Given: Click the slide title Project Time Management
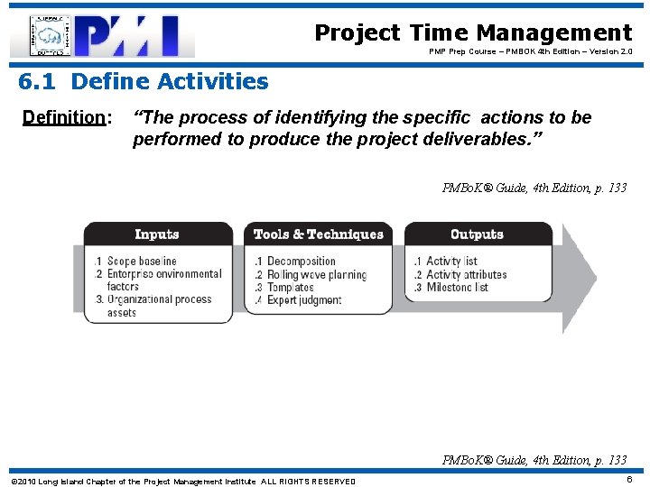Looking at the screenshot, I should coord(473,33).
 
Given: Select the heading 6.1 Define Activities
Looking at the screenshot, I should coord(144,82).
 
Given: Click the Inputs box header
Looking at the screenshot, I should coord(157,234).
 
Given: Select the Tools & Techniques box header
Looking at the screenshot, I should coord(318,234).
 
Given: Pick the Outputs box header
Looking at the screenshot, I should coord(477,234).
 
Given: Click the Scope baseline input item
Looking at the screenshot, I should coord(141,262).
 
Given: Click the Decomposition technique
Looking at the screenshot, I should coord(302,262).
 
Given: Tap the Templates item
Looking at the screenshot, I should coord(290,288).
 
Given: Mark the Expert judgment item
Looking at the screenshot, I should coord(303,300).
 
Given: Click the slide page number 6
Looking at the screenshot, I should coord(629,481).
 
